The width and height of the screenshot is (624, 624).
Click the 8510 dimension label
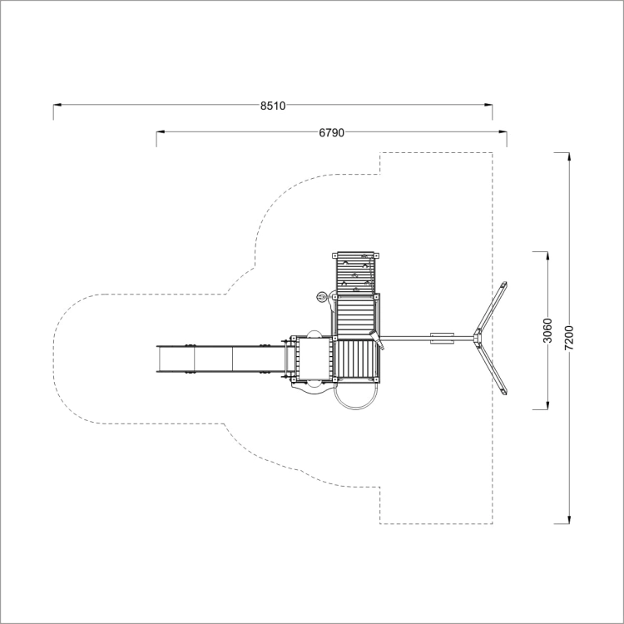click(273, 106)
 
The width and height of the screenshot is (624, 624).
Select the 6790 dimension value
click(331, 132)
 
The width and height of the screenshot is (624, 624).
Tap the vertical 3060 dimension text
click(548, 330)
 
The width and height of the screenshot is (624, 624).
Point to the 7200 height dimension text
click(569, 338)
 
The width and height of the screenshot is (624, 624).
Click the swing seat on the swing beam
click(442, 339)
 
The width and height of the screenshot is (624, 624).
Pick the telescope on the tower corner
click(377, 340)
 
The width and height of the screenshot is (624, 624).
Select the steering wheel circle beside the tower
click(322, 296)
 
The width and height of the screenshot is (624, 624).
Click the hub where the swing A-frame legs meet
click(478, 339)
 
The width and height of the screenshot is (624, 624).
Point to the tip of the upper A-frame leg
click(505, 284)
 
